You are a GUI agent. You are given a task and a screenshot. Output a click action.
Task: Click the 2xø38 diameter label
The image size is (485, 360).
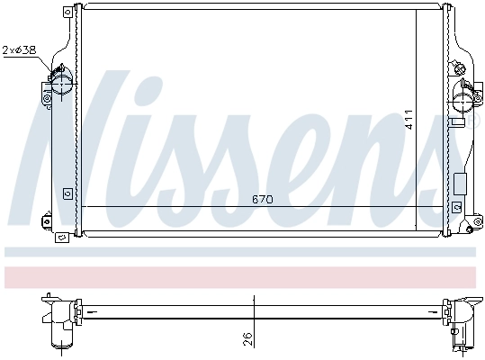[19, 50]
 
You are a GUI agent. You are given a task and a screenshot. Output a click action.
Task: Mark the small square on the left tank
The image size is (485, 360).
[68, 192]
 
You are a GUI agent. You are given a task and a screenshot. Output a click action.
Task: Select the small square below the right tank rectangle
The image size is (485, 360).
[458, 208]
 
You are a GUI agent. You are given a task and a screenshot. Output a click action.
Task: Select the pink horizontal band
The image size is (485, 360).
[242, 276]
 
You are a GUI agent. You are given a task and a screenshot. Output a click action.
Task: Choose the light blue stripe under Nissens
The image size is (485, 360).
[242, 251]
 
